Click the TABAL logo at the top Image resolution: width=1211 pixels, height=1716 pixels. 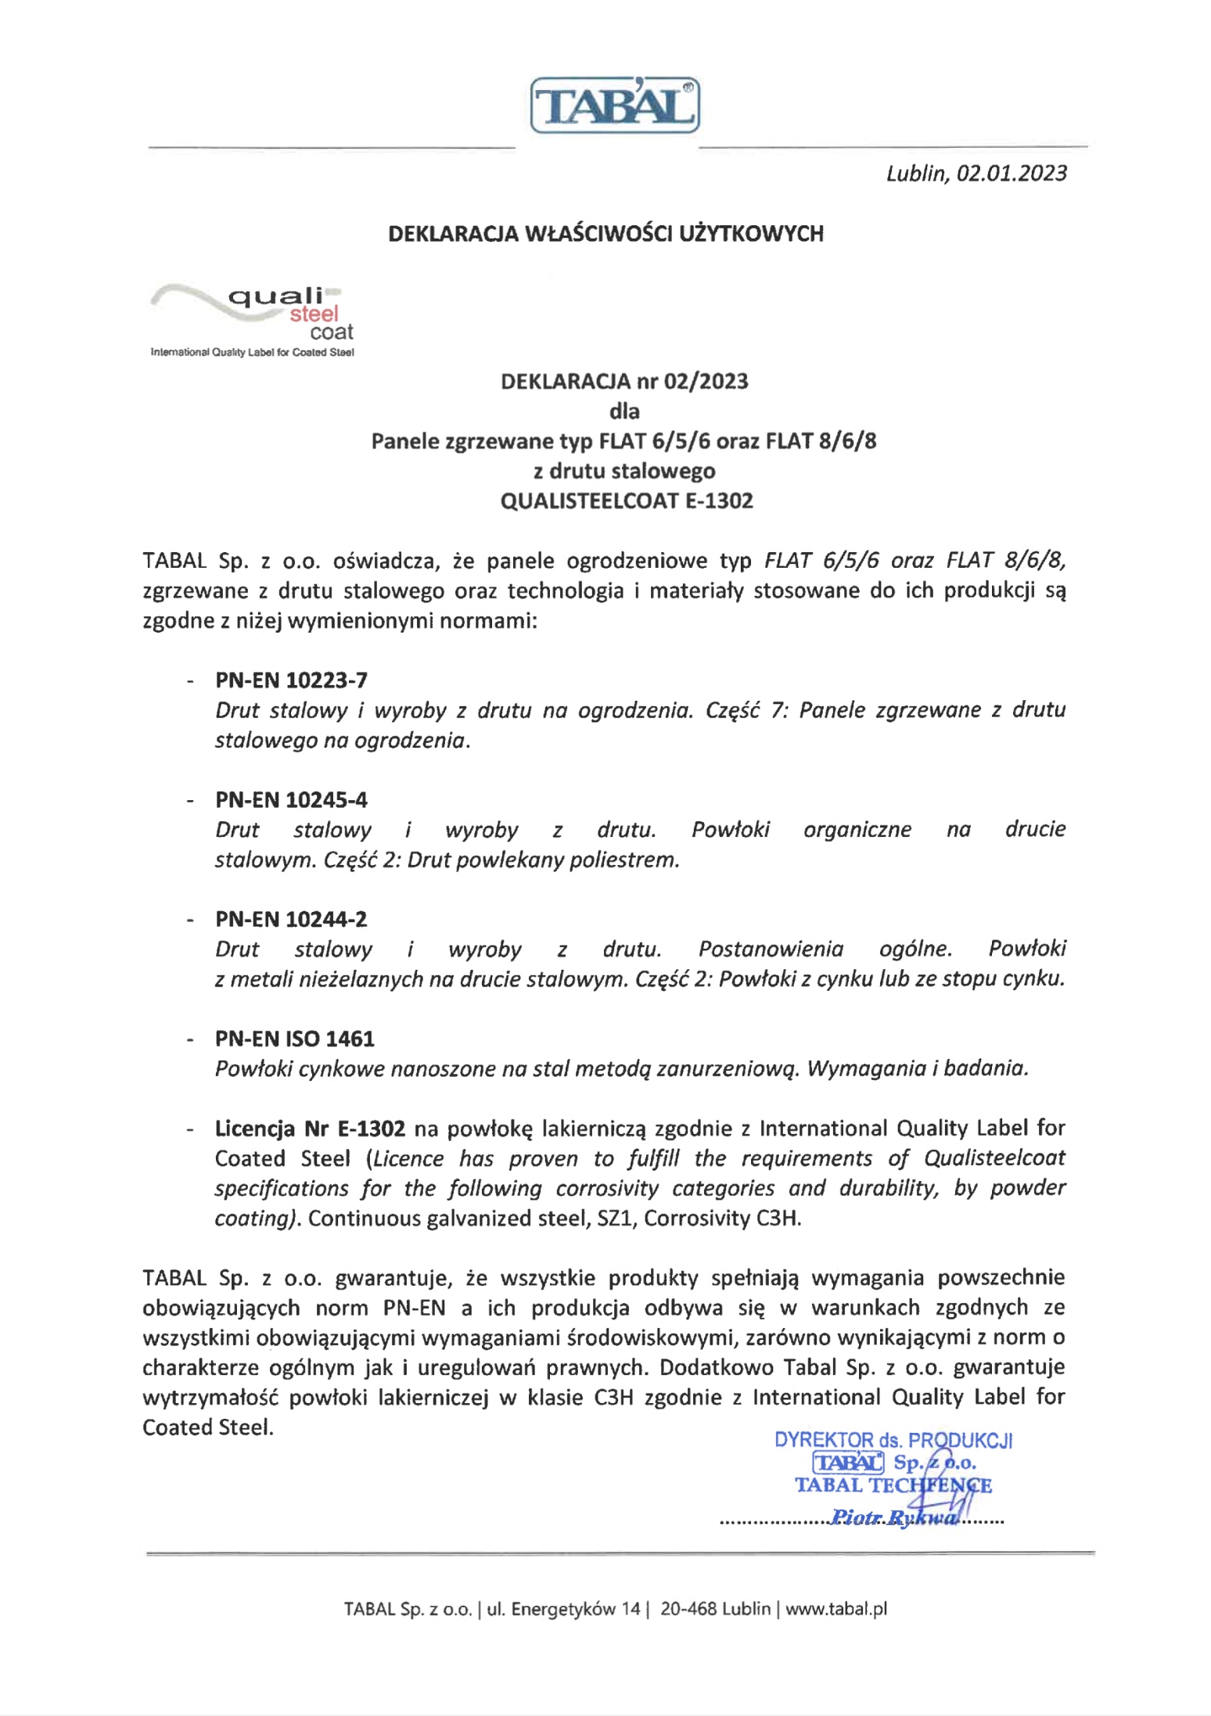pyautogui.click(x=615, y=105)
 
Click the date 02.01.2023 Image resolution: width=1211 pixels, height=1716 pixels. pyautogui.click(x=1012, y=174)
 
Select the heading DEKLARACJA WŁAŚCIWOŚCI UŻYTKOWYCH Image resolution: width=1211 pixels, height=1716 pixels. pyautogui.click(x=605, y=234)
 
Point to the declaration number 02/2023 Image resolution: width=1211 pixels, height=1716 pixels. pyautogui.click(x=706, y=382)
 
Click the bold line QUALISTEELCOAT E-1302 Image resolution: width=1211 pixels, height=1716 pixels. pyautogui.click(x=626, y=501)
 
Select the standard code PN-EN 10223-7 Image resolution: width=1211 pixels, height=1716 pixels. pyautogui.click(x=291, y=680)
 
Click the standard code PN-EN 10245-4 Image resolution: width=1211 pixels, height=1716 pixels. pyautogui.click(x=291, y=800)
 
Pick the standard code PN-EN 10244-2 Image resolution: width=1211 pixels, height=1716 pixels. pyautogui.click(x=291, y=920)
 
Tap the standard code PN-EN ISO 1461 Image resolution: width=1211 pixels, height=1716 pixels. pyautogui.click(x=295, y=1039)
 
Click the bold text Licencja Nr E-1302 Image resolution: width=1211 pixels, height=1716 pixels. pyautogui.click(x=310, y=1129)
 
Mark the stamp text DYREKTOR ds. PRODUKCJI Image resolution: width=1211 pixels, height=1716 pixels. pyautogui.click(x=893, y=1440)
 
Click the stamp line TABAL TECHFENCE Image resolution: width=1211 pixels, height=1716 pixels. pyautogui.click(x=893, y=1485)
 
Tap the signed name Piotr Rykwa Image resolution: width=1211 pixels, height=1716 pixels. pyautogui.click(x=893, y=1518)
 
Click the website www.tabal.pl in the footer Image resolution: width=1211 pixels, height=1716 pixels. pyautogui.click(x=836, y=1609)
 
